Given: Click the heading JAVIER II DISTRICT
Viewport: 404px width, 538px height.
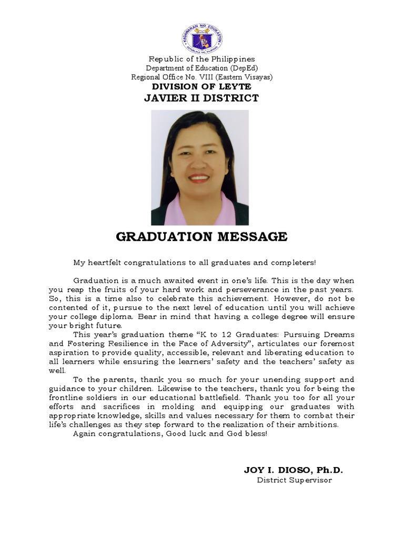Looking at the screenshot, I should coord(202,98).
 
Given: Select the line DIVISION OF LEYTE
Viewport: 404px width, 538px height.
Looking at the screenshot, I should coord(202,87).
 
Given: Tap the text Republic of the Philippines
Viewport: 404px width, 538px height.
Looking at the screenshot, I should coord(202,59).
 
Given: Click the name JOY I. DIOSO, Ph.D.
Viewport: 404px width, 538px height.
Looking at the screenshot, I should coord(293,470).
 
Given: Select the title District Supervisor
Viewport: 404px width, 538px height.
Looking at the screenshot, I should coord(294,481).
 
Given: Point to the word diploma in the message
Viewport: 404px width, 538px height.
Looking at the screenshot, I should coord(114,317).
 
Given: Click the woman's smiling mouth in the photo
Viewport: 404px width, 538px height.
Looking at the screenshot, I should coord(199,178).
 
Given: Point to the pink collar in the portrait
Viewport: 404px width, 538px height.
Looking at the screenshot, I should coord(179,210).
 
